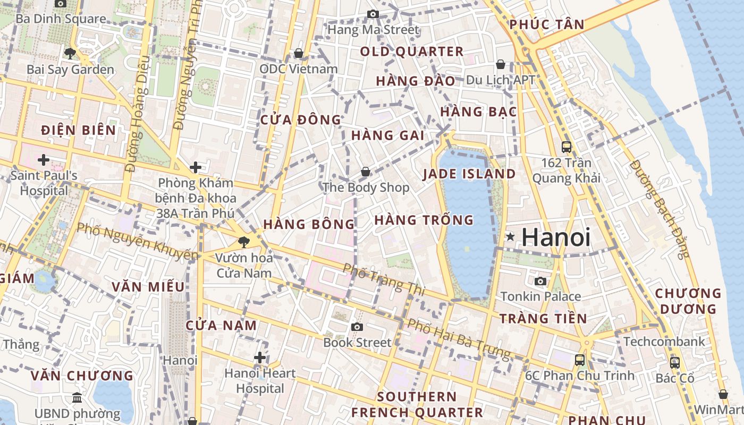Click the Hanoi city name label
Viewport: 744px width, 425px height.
[556, 237]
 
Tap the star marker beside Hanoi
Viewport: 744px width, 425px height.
[510, 236]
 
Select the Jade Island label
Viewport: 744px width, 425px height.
[469, 174]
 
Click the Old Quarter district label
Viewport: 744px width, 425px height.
[412, 52]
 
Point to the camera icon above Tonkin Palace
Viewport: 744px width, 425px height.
[540, 281]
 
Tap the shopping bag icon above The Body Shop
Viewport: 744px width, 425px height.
[366, 172]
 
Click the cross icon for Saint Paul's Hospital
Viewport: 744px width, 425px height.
[44, 159]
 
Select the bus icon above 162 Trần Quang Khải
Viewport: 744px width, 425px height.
[567, 147]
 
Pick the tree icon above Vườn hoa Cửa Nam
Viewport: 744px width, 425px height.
[244, 242]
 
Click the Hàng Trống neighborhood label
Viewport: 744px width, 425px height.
[424, 219]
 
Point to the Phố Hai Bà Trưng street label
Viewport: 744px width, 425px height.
[459, 338]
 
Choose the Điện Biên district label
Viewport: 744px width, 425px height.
[78, 130]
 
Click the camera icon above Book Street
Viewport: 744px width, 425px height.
[357, 327]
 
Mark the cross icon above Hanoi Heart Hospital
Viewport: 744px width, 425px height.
[260, 357]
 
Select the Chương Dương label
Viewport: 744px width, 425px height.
[688, 301]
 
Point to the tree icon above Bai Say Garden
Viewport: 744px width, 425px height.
[70, 53]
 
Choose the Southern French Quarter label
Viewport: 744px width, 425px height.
[417, 404]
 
